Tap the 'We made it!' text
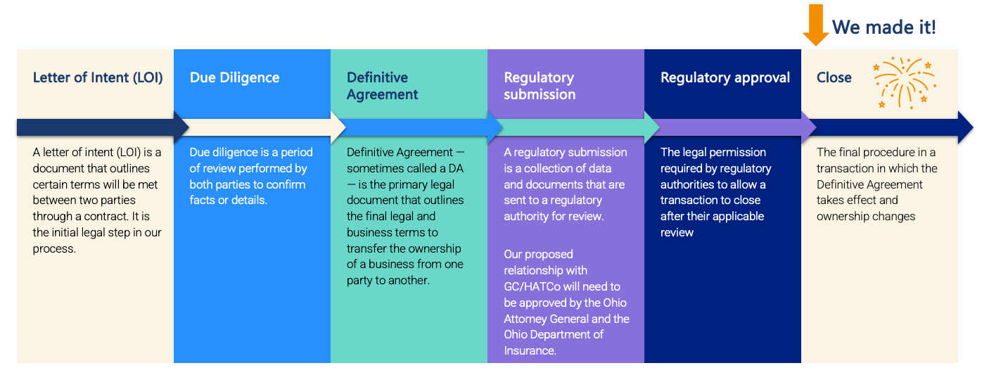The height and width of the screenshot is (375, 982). coord(884,27)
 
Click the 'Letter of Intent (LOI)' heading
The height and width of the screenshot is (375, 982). coord(98,77)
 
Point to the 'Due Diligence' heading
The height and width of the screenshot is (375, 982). coord(234,77)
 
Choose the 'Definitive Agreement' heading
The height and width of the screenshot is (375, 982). coord(383,86)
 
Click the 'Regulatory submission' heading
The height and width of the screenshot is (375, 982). coord(540,86)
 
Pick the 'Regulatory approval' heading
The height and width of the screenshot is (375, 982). coord(725,77)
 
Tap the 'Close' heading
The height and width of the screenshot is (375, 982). coord(834,77)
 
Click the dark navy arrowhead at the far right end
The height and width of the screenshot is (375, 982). coord(965,127)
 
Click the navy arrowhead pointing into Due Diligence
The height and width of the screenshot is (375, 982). coord(181,127)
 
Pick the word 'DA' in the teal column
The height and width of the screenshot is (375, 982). coord(457,168)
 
